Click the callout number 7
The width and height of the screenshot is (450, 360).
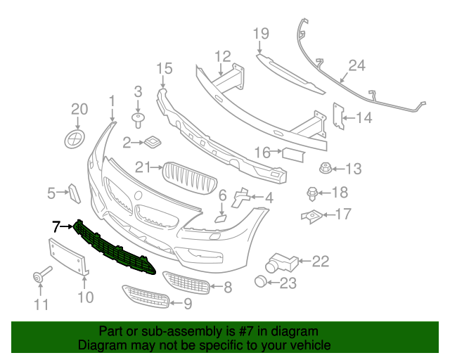[x=56, y=226]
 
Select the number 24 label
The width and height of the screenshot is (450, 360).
[x=357, y=67]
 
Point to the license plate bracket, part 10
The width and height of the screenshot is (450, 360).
[x=67, y=257]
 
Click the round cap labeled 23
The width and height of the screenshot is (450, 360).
[x=262, y=283]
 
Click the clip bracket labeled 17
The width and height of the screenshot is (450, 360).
[x=310, y=215]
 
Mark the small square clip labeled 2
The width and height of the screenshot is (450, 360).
[x=151, y=143]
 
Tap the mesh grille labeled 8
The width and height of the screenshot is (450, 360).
[x=187, y=283]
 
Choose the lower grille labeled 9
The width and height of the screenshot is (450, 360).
[x=146, y=297]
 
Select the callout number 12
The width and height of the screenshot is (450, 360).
[x=222, y=56]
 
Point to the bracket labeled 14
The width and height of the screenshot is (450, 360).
[x=337, y=117]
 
